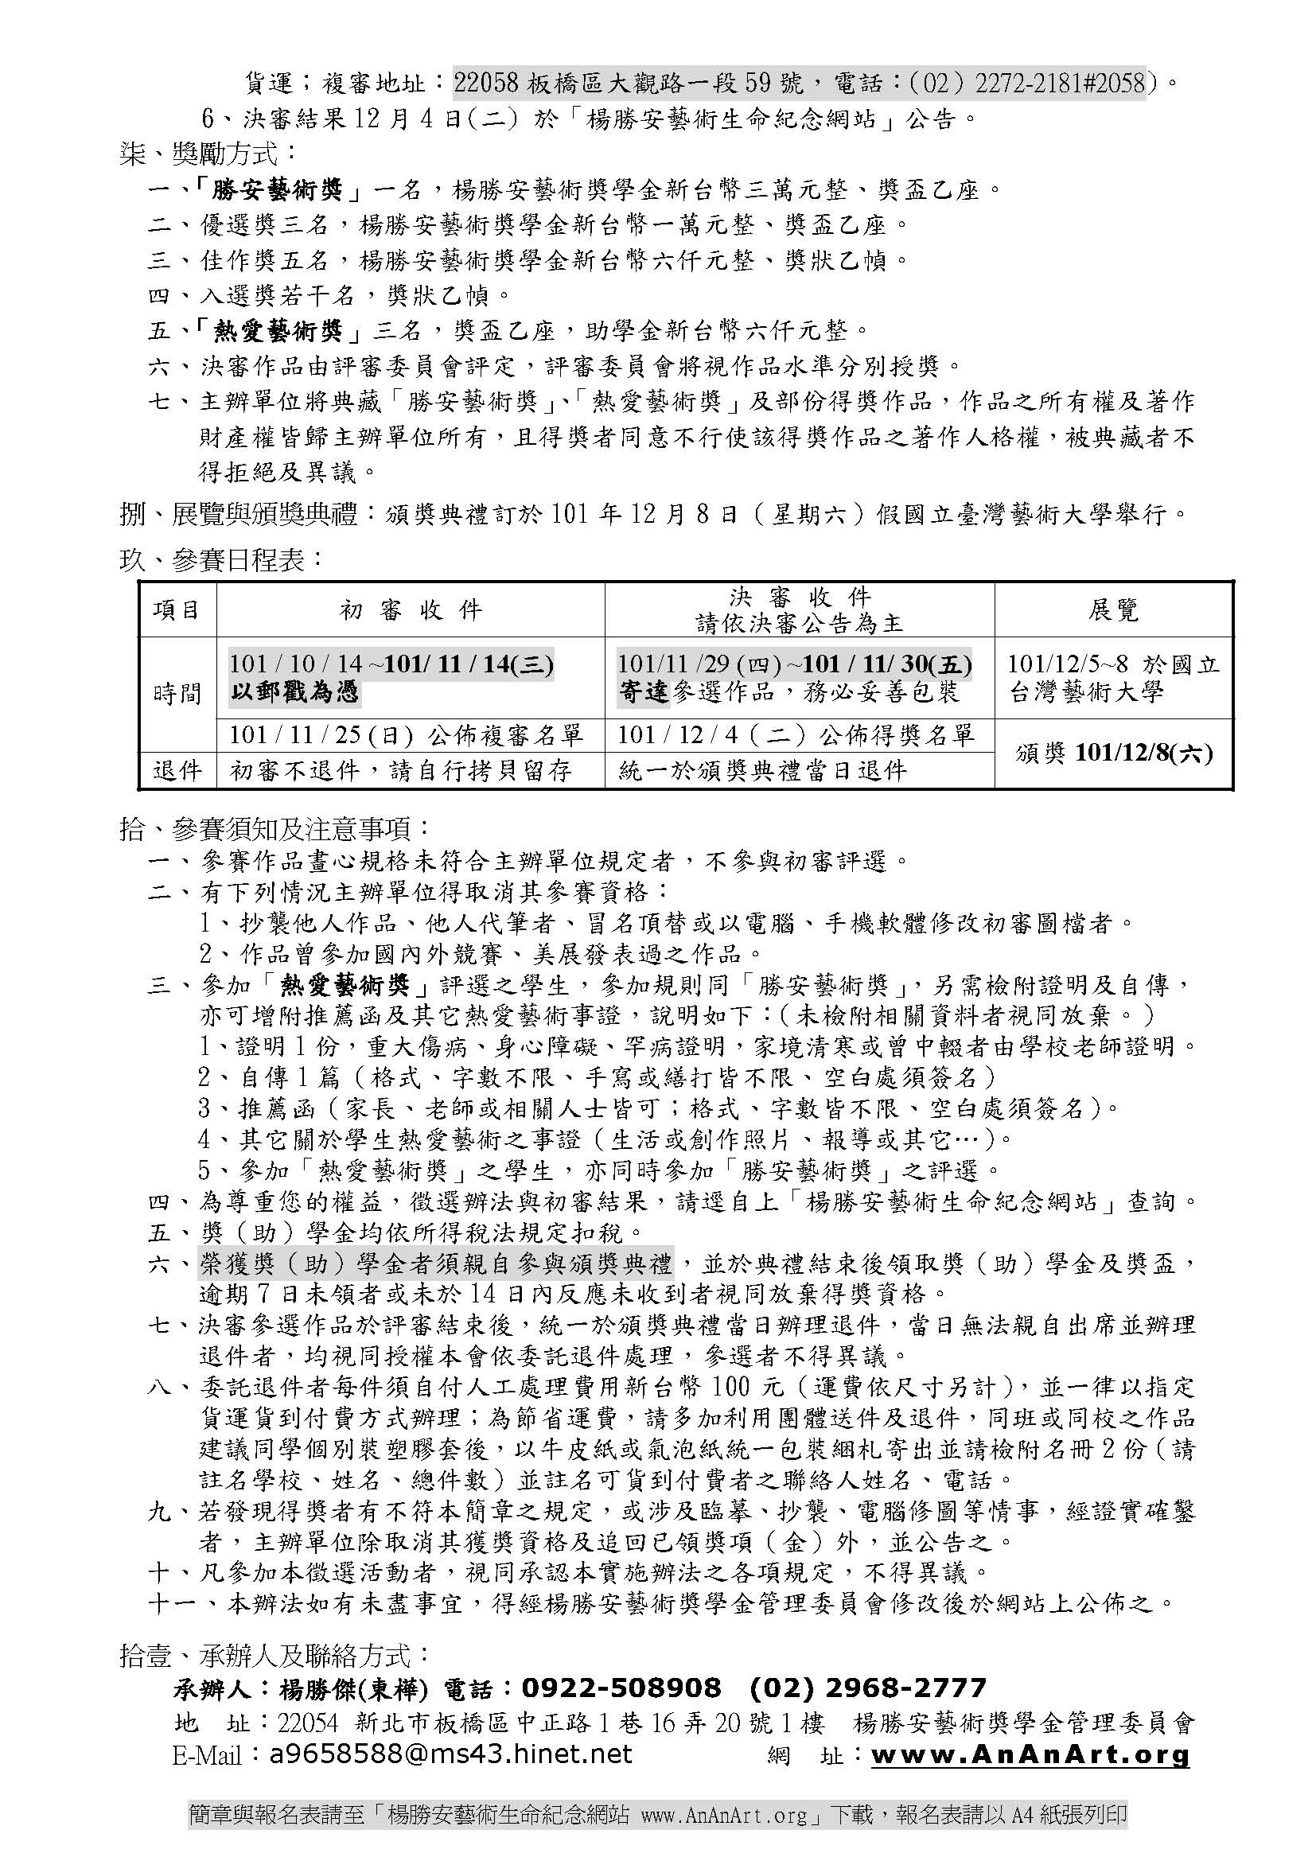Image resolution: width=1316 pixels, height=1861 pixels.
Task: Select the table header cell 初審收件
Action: [410, 609]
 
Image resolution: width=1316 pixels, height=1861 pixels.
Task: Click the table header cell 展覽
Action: [1113, 609]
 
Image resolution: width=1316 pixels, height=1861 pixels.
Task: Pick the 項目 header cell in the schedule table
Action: [177, 609]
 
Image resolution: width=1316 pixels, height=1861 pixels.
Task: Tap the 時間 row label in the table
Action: [177, 694]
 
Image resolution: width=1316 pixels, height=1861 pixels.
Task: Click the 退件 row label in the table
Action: [177, 770]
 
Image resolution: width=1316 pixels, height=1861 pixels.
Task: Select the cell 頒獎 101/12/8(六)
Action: [1113, 753]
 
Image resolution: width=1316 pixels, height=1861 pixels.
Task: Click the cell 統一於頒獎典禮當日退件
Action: [761, 770]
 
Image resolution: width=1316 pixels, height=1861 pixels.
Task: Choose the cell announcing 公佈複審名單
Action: [406, 735]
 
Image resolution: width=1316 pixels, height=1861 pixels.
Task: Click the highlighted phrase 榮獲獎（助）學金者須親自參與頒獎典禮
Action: [436, 1263]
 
